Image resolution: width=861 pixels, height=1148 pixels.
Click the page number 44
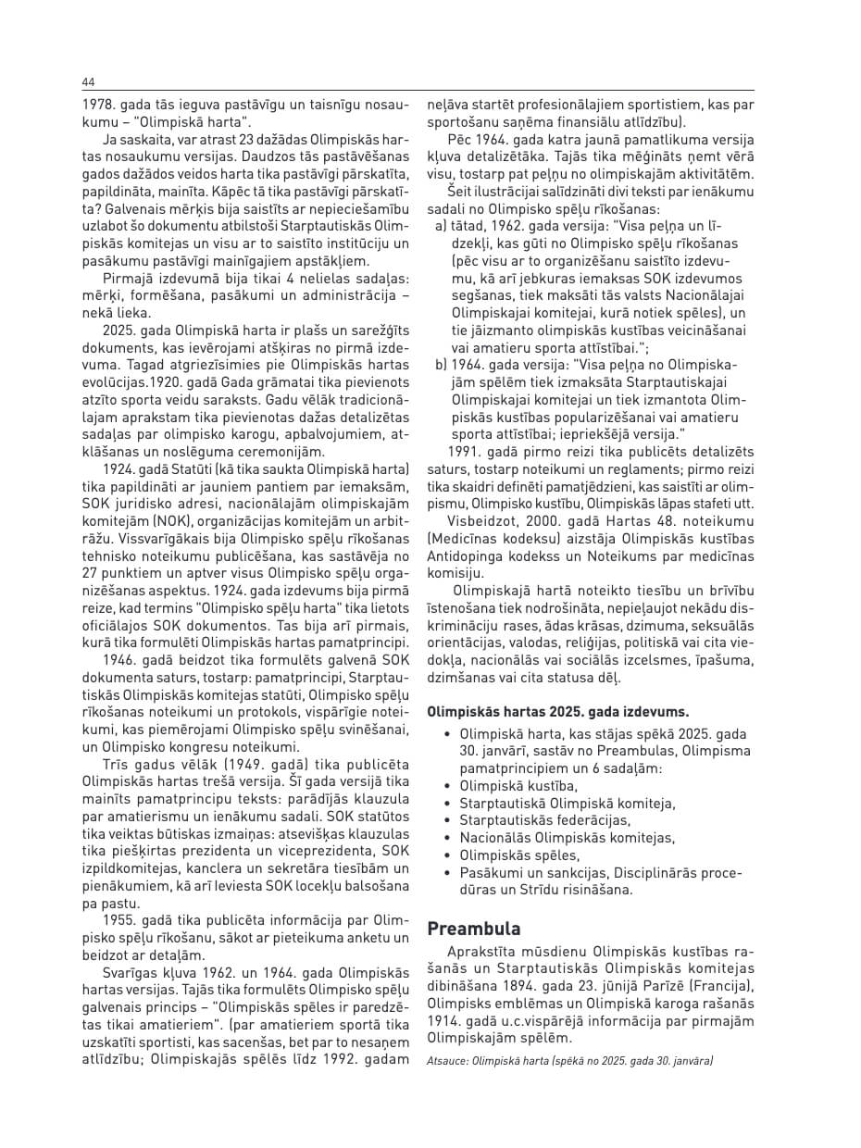pyautogui.click(x=88, y=81)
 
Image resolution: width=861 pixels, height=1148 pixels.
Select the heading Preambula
pyautogui.click(x=473, y=929)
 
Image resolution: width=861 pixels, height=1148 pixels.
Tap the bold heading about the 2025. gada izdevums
pyautogui.click(x=557, y=712)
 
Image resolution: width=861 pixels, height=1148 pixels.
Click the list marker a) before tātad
pyautogui.click(x=441, y=226)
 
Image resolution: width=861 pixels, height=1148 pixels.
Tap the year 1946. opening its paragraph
pyautogui.click(x=123, y=659)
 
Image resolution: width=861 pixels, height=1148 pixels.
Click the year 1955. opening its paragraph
pyautogui.click(x=123, y=922)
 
